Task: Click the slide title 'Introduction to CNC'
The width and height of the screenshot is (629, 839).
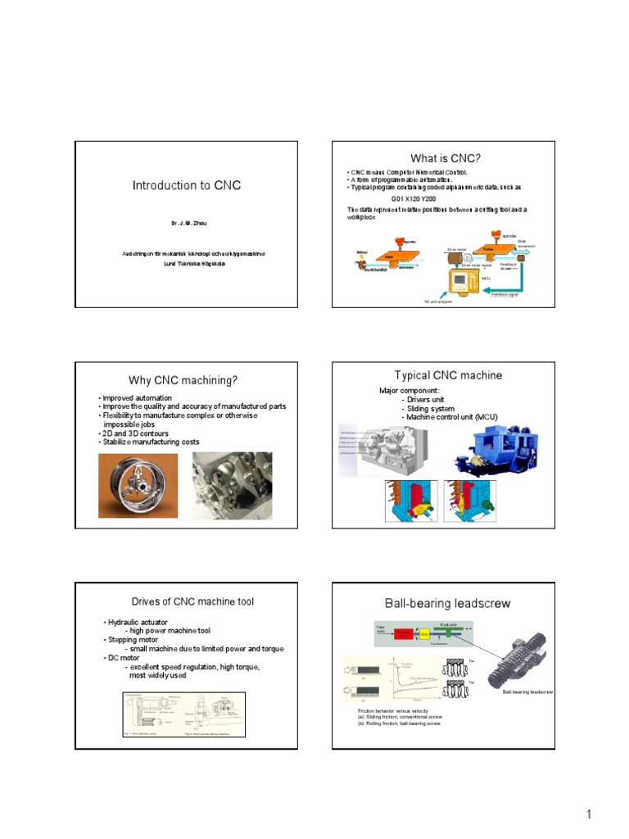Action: [187, 186]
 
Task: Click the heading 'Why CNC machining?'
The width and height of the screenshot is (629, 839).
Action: [183, 380]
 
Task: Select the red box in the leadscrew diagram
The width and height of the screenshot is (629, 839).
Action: [404, 633]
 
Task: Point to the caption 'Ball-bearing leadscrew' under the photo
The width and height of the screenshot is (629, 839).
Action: [527, 692]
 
